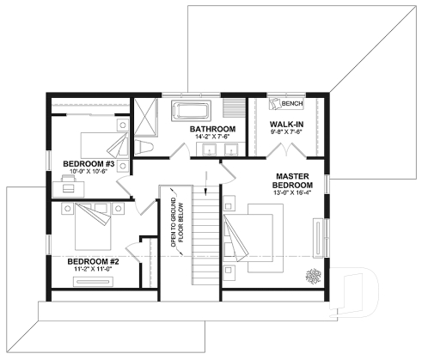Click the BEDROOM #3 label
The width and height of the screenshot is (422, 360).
coord(88,162)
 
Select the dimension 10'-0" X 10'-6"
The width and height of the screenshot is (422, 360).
coord(88,171)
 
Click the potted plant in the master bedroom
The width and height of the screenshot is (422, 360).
coord(310,275)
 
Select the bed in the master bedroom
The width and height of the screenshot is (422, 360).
coord(258,232)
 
